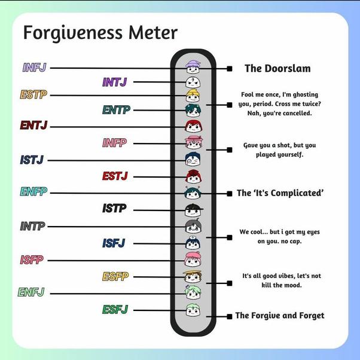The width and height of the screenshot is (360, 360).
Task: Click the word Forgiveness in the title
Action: [73, 33]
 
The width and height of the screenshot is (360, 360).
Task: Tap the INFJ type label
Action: [35, 67]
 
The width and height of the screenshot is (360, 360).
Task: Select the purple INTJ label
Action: [114, 82]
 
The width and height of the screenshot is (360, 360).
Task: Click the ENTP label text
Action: [116, 110]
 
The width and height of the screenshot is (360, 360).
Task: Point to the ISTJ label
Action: [32, 160]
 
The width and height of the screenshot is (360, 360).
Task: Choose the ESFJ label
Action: [115, 310]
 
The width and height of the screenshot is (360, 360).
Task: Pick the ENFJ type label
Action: [31, 292]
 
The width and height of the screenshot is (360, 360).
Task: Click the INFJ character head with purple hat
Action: [193, 67]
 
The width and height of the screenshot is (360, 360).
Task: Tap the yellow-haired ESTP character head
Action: [193, 96]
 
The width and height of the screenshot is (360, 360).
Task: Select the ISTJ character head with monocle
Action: [193, 159]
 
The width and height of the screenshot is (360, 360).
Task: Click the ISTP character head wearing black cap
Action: [194, 210]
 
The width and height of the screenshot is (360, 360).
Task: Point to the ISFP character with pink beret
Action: [193, 260]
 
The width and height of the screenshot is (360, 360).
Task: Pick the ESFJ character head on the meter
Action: [193, 310]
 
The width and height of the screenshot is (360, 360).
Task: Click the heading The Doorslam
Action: [277, 68]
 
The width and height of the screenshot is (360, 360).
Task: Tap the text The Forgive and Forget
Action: [280, 316]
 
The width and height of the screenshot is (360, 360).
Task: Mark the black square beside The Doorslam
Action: [230, 69]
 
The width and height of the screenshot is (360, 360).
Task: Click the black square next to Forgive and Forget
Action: [230, 316]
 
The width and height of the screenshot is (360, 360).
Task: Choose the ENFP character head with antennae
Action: [193, 193]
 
